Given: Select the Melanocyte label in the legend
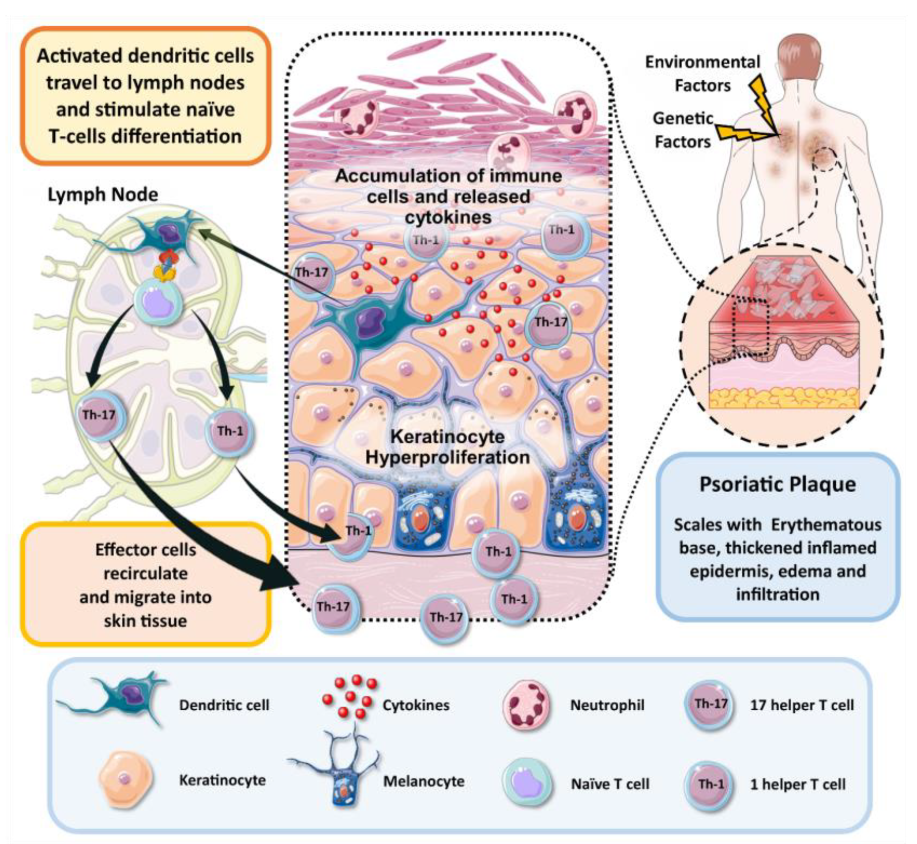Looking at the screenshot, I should (x=424, y=782).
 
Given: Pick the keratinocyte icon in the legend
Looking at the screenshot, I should (x=125, y=779).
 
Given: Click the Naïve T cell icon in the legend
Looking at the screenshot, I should (x=526, y=783).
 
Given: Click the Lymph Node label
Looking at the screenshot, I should (x=103, y=195).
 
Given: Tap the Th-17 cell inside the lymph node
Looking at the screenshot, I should (x=100, y=416).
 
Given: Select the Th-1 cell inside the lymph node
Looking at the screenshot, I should (x=229, y=432).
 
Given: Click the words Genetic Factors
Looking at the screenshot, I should (x=683, y=130).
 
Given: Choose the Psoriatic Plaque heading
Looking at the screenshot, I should (x=777, y=484).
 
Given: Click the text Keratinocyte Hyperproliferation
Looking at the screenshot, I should (x=447, y=447).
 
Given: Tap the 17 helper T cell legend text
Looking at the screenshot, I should (x=801, y=705).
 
